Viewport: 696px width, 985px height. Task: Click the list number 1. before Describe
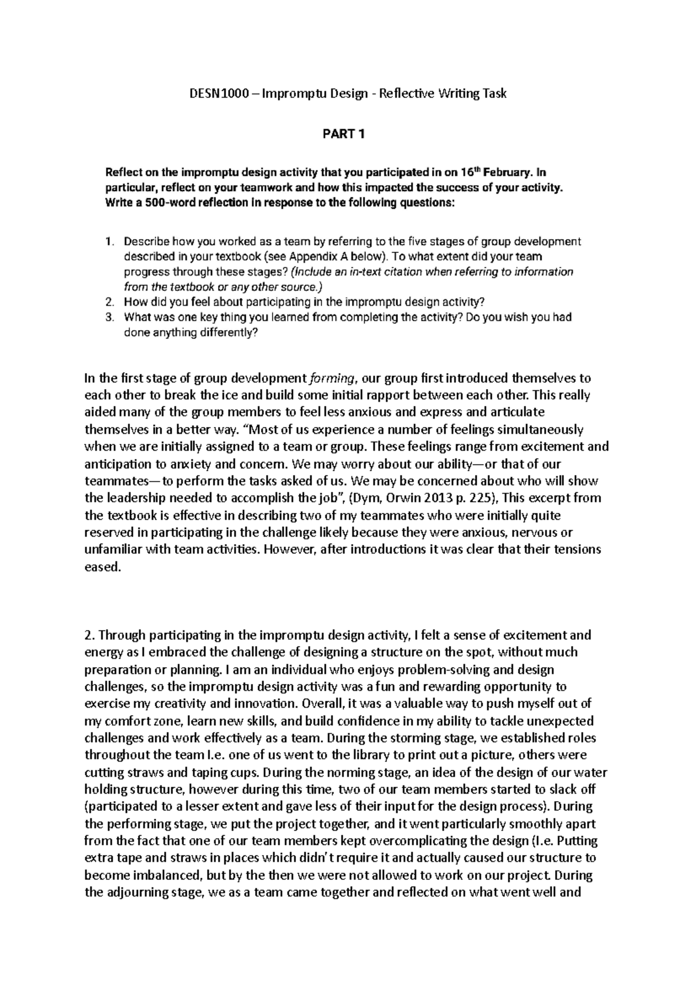click(111, 241)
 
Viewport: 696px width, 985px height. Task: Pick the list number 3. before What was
click(111, 317)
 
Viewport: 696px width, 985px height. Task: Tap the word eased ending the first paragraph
click(102, 567)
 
